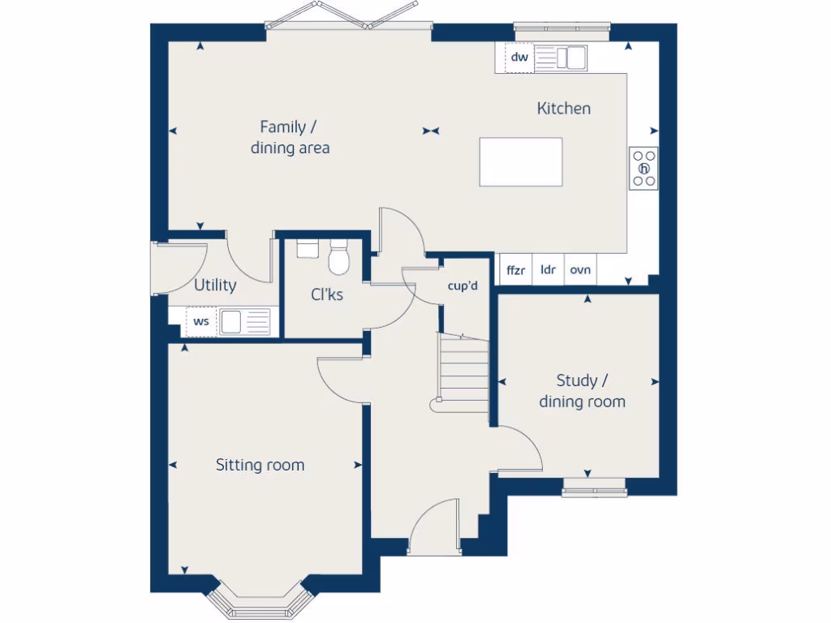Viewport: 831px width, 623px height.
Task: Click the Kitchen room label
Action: (563, 109)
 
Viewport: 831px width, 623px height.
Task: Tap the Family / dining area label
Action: (290, 137)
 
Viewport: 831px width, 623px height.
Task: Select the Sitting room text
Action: (260, 465)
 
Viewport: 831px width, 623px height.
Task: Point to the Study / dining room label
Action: (582, 391)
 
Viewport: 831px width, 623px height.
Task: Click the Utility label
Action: (215, 285)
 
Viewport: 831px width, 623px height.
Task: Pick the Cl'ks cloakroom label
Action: (327, 294)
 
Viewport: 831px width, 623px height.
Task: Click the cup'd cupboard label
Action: (463, 286)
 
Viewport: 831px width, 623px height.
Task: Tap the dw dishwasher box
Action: (519, 58)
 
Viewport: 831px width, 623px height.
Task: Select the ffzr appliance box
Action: (515, 270)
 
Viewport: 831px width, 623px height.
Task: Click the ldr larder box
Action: (548, 270)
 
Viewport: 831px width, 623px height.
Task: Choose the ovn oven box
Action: (580, 270)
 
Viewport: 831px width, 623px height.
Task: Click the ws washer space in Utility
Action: (201, 321)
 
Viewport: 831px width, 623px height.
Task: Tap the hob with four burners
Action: (644, 169)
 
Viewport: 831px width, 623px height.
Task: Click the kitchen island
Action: (520, 162)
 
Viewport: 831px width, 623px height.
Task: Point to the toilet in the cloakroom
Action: (338, 258)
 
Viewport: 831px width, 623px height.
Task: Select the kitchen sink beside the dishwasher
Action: (562, 58)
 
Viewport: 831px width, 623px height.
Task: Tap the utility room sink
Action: (244, 321)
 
